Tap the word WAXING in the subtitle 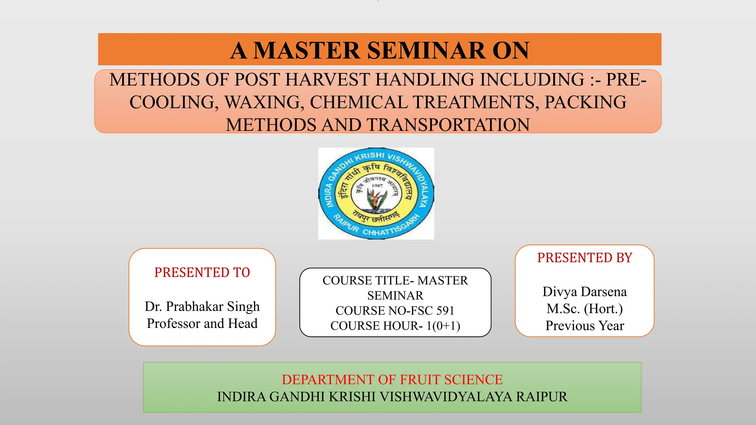(264, 102)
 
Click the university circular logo (376, 193)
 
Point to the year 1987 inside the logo (377, 186)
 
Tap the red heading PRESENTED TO (202, 272)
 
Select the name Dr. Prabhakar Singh (202, 306)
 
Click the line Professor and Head (202, 323)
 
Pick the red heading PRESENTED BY (585, 258)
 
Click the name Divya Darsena (585, 291)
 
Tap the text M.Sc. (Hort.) (585, 308)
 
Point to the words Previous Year (585, 325)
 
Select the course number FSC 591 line (395, 311)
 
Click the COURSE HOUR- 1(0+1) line (395, 326)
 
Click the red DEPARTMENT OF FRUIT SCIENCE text (392, 380)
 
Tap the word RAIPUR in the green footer (542, 397)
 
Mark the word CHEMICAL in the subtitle (358, 102)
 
